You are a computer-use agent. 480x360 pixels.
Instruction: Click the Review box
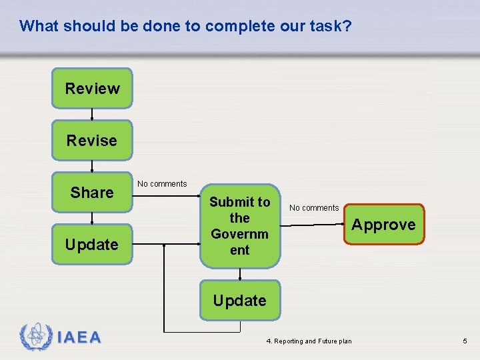click(92, 88)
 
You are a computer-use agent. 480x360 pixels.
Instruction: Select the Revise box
click(92, 140)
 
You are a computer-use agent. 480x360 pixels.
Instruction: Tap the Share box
click(92, 192)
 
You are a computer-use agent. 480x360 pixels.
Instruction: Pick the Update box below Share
click(92, 244)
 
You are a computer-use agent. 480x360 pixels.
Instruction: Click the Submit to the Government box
click(240, 225)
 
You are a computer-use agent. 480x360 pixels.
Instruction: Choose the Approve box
click(383, 225)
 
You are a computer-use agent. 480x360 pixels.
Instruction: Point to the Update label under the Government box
click(239, 301)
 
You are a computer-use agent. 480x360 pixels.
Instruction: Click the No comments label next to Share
click(162, 184)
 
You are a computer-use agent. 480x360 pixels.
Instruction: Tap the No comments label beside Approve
click(314, 208)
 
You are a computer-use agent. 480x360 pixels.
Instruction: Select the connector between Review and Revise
click(92, 114)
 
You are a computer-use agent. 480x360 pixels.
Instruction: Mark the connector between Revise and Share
click(92, 166)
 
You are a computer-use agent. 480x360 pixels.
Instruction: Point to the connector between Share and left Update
click(92, 218)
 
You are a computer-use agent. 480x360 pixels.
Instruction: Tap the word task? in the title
click(329, 26)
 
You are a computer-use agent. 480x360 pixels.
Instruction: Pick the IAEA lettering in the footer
click(79, 338)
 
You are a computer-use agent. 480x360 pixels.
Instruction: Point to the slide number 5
click(465, 341)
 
